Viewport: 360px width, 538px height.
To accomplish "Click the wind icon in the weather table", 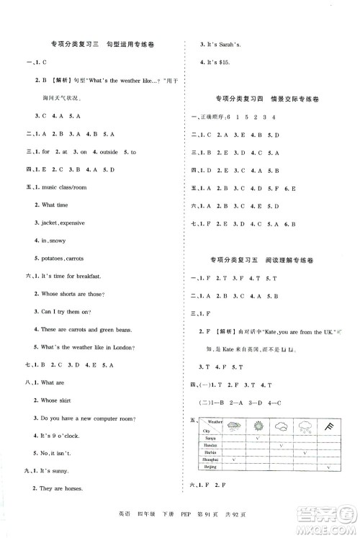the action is click(328, 426).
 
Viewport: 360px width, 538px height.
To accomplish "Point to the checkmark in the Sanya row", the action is click(258, 437).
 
